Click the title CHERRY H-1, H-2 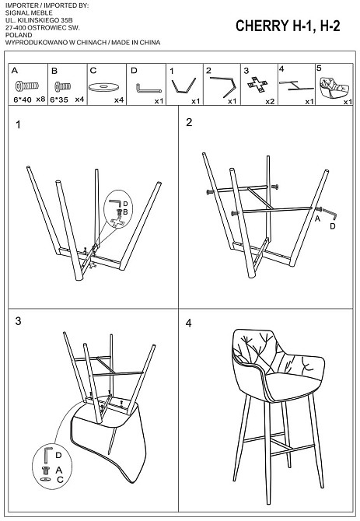click(x=288, y=26)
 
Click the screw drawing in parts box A click(x=27, y=86)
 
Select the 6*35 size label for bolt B click(x=59, y=100)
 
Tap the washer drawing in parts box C click(x=103, y=87)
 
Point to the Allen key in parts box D click(x=149, y=89)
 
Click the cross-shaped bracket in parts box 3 click(x=257, y=84)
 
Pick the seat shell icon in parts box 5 click(x=334, y=87)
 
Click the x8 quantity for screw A click(x=40, y=99)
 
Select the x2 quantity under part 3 click(x=270, y=101)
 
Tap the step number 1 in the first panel click(x=18, y=124)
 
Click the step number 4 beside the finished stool click(x=189, y=323)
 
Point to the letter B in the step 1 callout click(x=125, y=212)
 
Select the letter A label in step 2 click(x=317, y=219)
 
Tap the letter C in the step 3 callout click(x=60, y=480)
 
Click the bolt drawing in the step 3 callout click(x=45, y=470)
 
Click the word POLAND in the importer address click(x=19, y=35)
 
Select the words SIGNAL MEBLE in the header click(x=29, y=12)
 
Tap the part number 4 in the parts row click(x=281, y=68)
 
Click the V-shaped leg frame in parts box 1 click(x=183, y=86)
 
